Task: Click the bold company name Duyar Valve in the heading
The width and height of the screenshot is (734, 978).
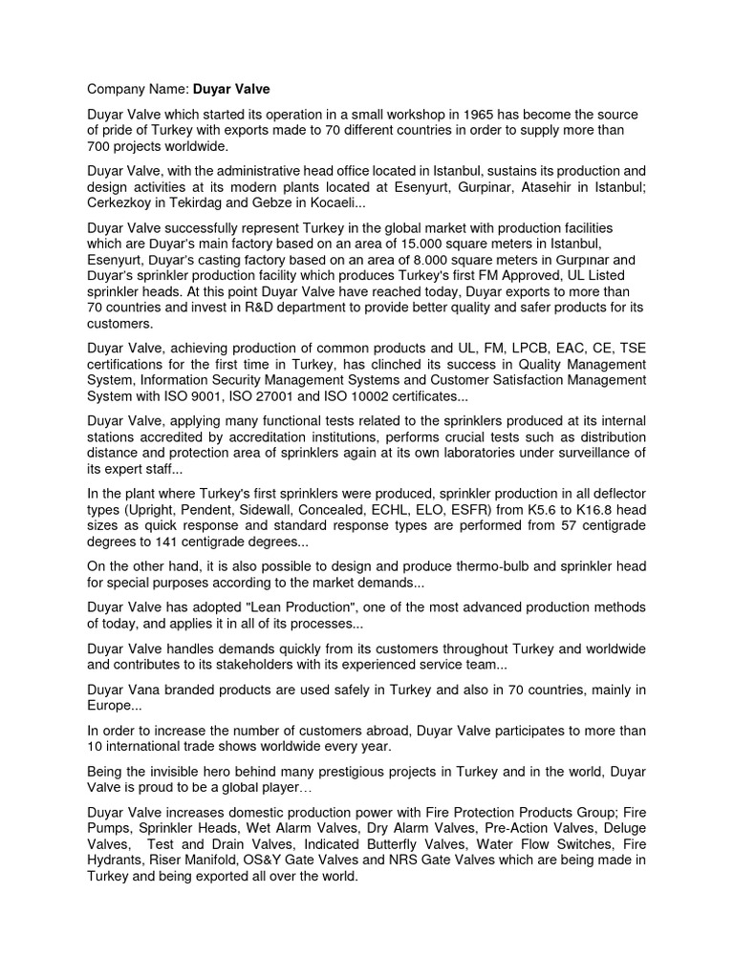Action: click(x=231, y=89)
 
